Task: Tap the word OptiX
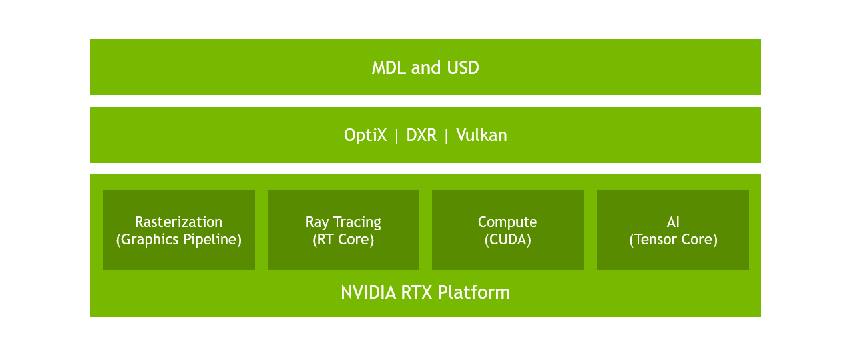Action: point(365,136)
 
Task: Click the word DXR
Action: point(421,136)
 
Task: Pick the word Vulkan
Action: point(481,136)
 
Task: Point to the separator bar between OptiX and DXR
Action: point(397,136)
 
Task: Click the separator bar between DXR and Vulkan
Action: point(447,136)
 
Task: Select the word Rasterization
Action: point(178,222)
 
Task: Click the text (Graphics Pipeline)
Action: point(178,240)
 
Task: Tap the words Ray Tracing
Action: point(343,222)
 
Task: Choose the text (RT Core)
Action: point(343,240)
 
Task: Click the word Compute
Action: point(507,222)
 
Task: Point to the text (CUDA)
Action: point(507,240)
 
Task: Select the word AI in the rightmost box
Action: point(673,222)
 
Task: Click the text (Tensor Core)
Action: point(673,240)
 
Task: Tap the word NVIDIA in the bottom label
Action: point(369,293)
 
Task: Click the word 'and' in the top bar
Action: point(426,68)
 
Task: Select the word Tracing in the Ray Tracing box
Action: point(357,222)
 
